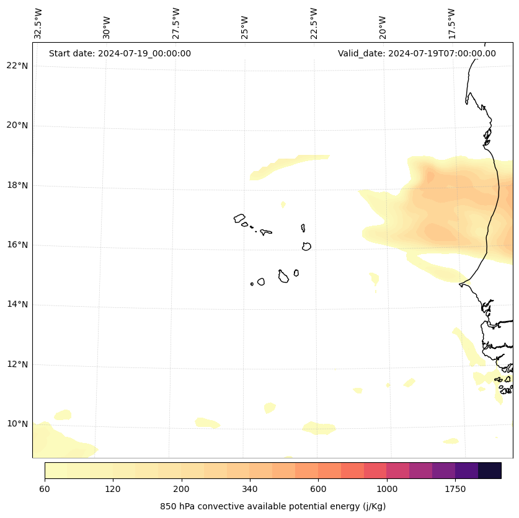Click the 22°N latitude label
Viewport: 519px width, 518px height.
point(17,66)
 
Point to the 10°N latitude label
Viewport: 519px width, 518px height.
point(17,424)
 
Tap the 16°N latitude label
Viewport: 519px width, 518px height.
point(17,245)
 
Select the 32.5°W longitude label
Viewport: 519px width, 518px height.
point(38,24)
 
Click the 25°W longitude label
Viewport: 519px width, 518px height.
point(245,26)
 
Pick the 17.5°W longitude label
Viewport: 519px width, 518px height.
point(452,24)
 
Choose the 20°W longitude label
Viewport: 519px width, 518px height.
point(383,26)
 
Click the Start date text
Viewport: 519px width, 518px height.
point(120,53)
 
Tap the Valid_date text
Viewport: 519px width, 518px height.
point(417,53)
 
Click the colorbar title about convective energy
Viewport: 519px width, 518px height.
point(273,506)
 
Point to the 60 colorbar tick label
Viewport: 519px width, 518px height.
point(45,489)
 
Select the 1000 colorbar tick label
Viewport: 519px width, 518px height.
point(387,489)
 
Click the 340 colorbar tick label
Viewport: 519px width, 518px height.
point(250,489)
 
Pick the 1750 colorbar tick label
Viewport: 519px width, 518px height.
point(455,489)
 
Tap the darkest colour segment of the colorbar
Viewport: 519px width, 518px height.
point(490,470)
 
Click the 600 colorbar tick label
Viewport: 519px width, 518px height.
point(318,489)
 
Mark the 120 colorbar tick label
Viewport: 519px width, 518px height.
point(113,489)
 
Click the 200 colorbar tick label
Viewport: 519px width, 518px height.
point(182,489)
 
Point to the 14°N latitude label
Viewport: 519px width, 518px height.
point(17,304)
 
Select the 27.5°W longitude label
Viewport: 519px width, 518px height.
point(176,24)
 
